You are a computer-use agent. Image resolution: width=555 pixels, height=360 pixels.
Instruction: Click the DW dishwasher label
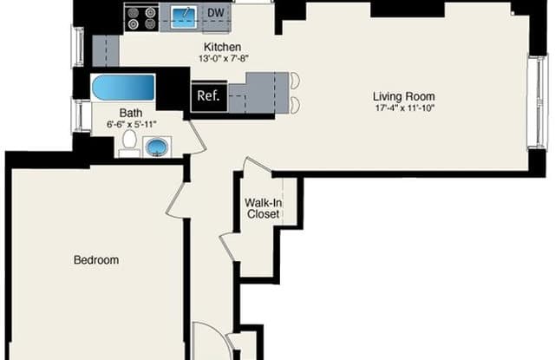pyautogui.click(x=216, y=13)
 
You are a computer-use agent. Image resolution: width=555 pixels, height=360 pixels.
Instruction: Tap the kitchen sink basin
pyautogui.click(x=184, y=16)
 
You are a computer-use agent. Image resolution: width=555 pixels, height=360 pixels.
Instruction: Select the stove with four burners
pyautogui.click(x=142, y=18)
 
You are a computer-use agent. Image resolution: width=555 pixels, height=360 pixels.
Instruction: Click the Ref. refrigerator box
pyautogui.click(x=208, y=96)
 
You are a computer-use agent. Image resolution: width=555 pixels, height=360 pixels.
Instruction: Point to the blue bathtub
pyautogui.click(x=123, y=87)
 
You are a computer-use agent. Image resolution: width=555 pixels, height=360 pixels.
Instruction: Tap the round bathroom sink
pyautogui.click(x=157, y=147)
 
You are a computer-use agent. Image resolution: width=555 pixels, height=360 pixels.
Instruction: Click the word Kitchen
pyautogui.click(x=223, y=47)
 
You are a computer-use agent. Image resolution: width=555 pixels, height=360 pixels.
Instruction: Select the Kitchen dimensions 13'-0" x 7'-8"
pyautogui.click(x=224, y=58)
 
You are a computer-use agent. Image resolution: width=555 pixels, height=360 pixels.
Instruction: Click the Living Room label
pyautogui.click(x=404, y=96)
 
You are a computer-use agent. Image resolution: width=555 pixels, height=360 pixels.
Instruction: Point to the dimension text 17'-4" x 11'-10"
pyautogui.click(x=405, y=108)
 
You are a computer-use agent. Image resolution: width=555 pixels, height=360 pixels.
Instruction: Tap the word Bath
pyautogui.click(x=131, y=113)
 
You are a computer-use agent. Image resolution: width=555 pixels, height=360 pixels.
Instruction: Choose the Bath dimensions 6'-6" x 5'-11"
pyautogui.click(x=131, y=124)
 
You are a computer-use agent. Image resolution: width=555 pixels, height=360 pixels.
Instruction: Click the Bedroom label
pyautogui.click(x=96, y=260)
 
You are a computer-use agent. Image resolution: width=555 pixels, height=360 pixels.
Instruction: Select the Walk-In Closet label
pyautogui.click(x=264, y=208)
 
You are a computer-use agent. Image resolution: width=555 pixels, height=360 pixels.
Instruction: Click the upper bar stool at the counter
pyautogui.click(x=295, y=80)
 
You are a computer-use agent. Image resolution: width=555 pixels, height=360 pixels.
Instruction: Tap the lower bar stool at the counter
pyautogui.click(x=295, y=105)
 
